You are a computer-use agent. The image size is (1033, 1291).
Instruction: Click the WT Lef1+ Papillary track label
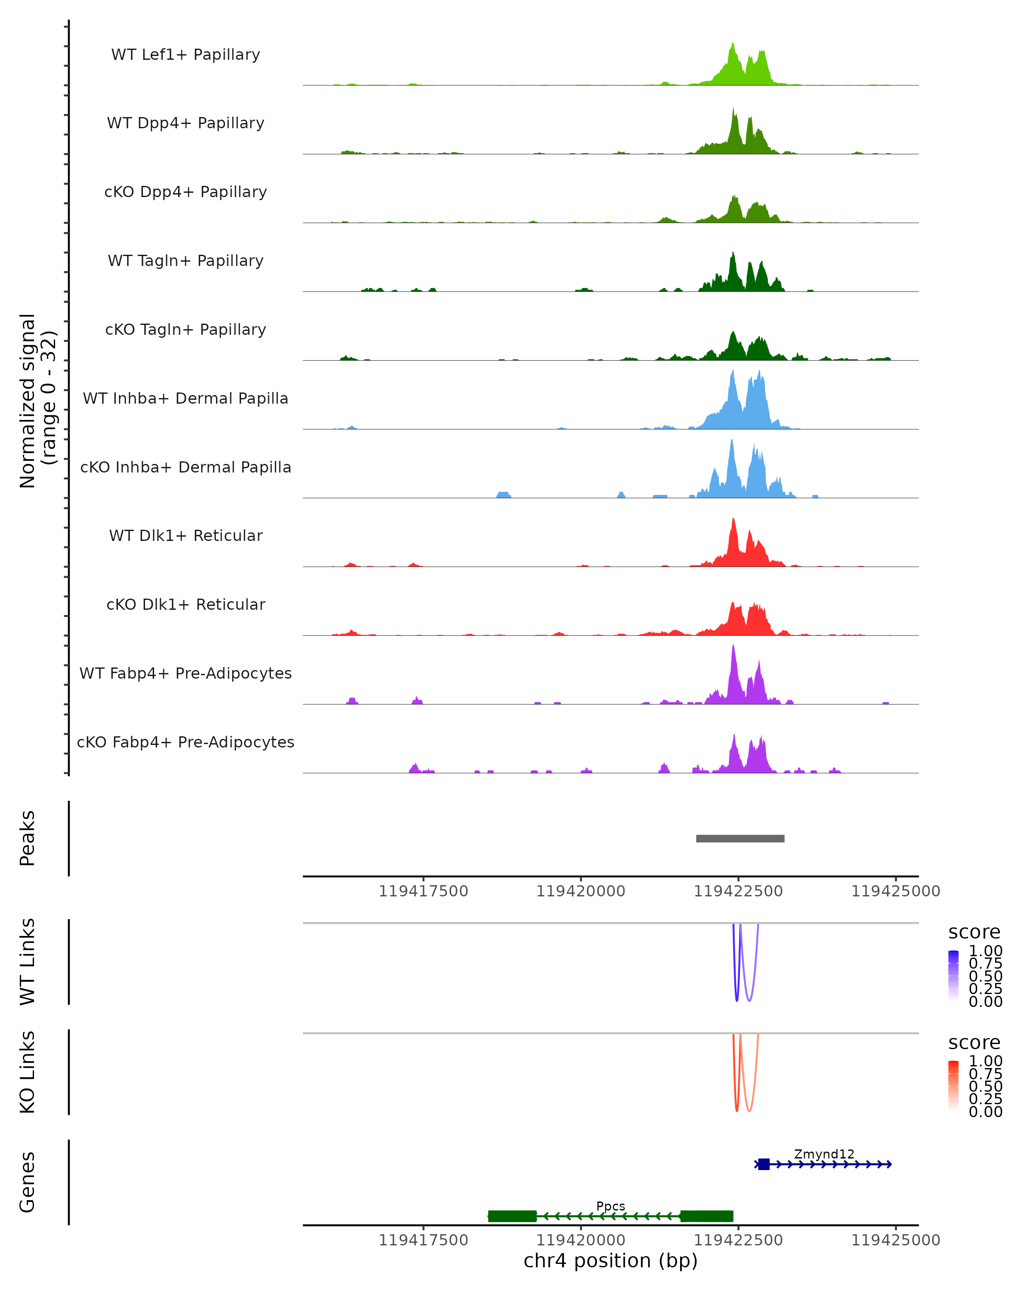click(x=186, y=55)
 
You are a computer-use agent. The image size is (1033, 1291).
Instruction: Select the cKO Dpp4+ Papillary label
click(x=186, y=192)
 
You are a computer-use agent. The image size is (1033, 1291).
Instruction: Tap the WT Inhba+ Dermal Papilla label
click(x=186, y=399)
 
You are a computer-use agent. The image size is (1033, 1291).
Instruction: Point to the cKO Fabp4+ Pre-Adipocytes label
click(x=186, y=742)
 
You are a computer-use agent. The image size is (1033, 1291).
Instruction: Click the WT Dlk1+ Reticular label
click(x=186, y=536)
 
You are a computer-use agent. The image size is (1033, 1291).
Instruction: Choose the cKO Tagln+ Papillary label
click(x=186, y=330)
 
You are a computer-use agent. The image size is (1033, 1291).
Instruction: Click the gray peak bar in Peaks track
click(x=740, y=839)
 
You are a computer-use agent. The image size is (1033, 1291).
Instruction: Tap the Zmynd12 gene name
click(x=824, y=1154)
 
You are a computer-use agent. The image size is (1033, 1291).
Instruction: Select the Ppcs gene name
click(x=610, y=1206)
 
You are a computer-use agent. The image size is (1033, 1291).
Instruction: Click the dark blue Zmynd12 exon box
click(x=764, y=1164)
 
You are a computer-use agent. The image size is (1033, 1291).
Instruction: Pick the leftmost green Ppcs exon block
click(x=512, y=1216)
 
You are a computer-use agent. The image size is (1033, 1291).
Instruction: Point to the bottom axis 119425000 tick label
click(x=895, y=1240)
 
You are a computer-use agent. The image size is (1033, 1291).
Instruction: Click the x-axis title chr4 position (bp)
click(x=610, y=1260)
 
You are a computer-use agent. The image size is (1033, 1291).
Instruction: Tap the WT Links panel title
click(x=28, y=962)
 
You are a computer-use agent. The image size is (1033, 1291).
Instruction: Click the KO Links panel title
click(x=28, y=1072)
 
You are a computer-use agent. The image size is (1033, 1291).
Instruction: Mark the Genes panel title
click(x=28, y=1182)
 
